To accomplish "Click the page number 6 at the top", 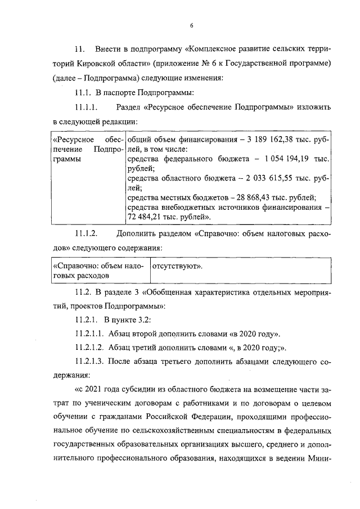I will pyautogui.click(x=191, y=25).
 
